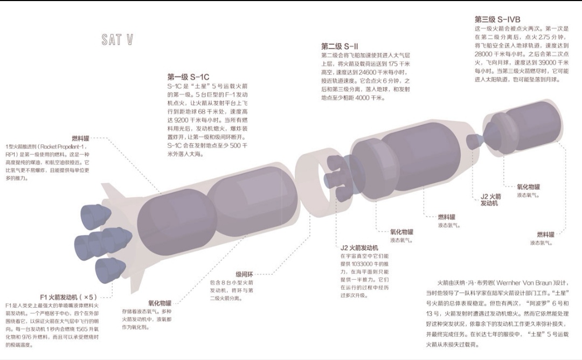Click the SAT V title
(117, 39)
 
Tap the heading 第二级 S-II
(339, 46)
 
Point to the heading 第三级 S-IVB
(497, 19)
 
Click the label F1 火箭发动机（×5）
(68, 296)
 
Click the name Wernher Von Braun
(521, 282)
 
